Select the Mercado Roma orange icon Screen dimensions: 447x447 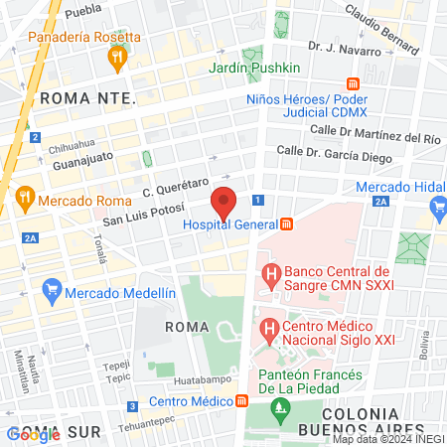[x=25, y=200]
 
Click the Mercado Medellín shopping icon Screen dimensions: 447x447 [x=52, y=292]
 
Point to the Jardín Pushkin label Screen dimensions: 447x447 [x=254, y=68]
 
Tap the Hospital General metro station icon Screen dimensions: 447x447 [x=287, y=224]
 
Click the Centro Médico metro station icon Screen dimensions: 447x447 [x=241, y=401]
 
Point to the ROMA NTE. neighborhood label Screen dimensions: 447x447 [x=86, y=97]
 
